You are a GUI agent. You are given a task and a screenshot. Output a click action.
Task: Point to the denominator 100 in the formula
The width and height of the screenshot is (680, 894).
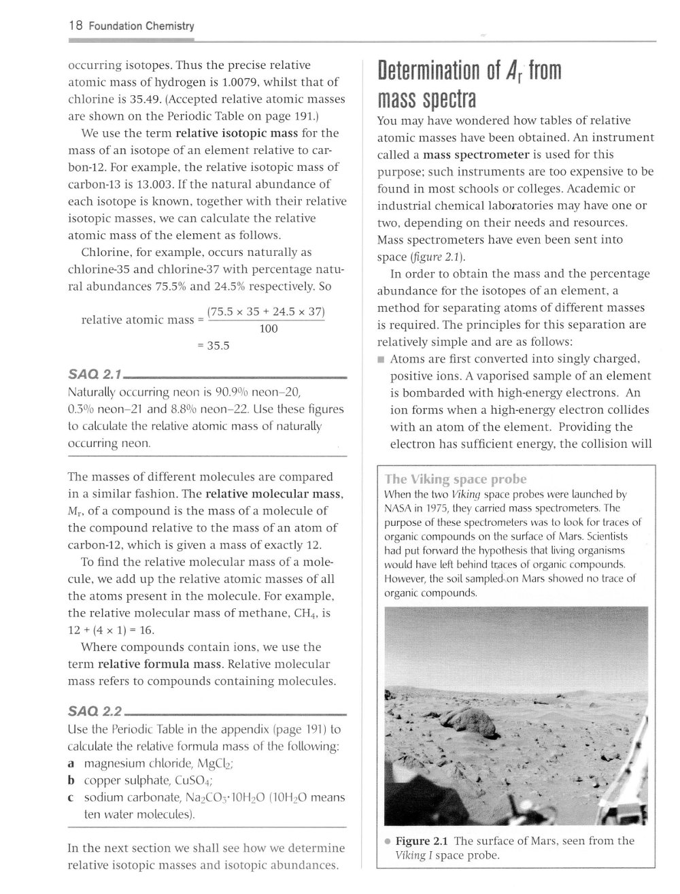(269, 329)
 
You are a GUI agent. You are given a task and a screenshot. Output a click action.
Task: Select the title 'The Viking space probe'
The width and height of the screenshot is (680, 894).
(456, 479)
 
